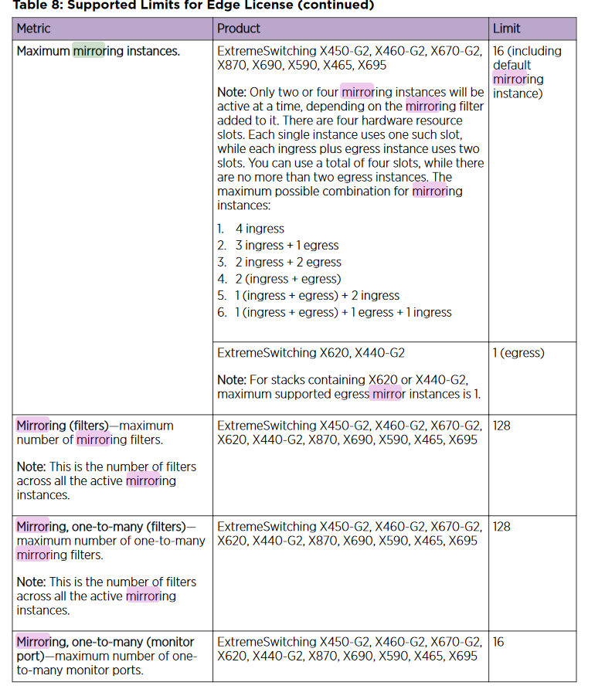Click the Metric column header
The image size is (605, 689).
tap(34, 29)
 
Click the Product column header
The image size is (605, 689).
tap(239, 29)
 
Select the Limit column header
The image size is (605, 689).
tap(507, 29)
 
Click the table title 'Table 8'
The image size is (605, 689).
tap(37, 5)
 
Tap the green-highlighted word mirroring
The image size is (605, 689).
tap(88, 51)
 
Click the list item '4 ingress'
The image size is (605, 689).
tap(260, 229)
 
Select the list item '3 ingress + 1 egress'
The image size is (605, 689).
tap(287, 245)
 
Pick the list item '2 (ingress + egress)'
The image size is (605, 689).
tap(287, 279)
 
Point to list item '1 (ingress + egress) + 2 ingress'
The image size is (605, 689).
tap(317, 295)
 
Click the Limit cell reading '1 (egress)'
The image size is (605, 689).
tap(518, 353)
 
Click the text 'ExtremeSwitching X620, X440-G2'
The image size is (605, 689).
tap(311, 353)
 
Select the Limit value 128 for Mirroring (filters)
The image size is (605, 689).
tap(501, 426)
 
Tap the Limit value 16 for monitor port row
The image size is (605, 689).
tap(498, 642)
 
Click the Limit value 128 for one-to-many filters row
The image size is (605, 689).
tap(501, 527)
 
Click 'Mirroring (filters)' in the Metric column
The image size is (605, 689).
tap(62, 426)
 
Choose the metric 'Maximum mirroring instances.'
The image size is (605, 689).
tap(98, 51)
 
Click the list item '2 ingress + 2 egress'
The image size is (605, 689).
tap(288, 262)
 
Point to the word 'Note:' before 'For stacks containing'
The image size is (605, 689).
tap(231, 380)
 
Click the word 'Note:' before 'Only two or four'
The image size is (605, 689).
tap(231, 93)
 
